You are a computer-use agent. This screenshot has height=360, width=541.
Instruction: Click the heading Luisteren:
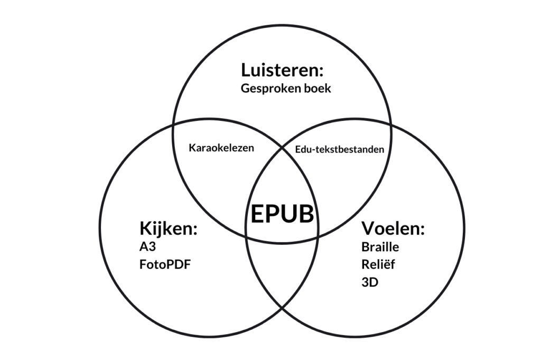coord(282,70)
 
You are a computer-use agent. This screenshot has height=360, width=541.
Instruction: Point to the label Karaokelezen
coord(221,148)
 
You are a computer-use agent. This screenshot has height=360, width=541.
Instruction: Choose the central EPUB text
coord(282,214)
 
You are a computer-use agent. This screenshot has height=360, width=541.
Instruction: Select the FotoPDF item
coord(164,263)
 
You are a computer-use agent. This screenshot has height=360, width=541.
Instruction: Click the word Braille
coord(380,247)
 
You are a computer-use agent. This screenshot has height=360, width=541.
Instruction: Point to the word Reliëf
coord(378,264)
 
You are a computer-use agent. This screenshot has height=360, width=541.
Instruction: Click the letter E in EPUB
coord(257,214)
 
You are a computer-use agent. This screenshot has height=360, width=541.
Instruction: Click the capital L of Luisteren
coord(246,70)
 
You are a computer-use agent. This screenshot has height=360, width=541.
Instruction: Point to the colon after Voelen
coord(423,231)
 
